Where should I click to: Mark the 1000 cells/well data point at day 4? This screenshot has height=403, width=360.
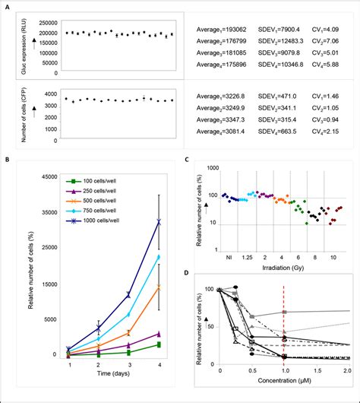158,222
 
